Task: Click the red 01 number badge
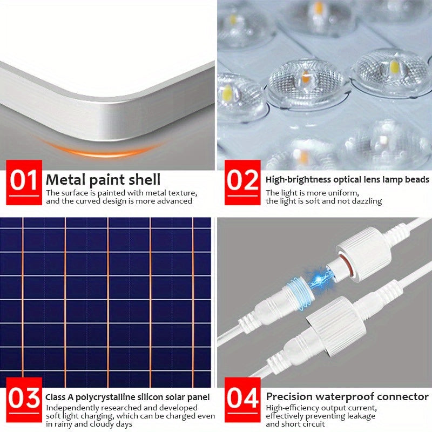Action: tap(24, 182)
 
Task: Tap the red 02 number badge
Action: tap(242, 182)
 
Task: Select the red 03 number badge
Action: tap(24, 400)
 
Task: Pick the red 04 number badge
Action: tap(242, 400)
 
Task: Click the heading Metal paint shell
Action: tap(103, 179)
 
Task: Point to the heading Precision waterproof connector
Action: tap(347, 397)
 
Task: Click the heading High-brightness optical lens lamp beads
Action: tap(347, 179)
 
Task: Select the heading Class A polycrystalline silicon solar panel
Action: tap(128, 397)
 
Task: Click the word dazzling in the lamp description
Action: tap(367, 201)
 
